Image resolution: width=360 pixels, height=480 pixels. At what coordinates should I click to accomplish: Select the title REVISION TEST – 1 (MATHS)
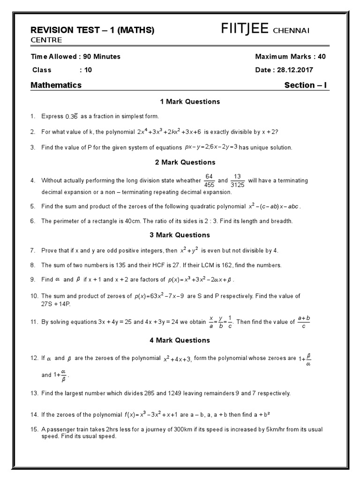[92, 30]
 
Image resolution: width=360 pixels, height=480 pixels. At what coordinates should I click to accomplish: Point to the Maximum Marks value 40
[321, 57]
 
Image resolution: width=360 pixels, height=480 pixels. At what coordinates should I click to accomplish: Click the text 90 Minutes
[102, 57]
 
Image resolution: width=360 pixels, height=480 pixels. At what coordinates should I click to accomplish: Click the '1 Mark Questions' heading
[183, 102]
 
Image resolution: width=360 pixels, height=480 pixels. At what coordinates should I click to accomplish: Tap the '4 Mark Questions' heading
[183, 340]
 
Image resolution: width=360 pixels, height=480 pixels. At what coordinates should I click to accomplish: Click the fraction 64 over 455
[209, 180]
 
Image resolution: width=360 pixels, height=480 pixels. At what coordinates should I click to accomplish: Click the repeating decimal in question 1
[71, 116]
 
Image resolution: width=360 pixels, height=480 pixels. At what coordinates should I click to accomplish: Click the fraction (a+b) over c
[304, 322]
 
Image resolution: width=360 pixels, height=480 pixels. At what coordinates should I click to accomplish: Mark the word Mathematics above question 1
[56, 85]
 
